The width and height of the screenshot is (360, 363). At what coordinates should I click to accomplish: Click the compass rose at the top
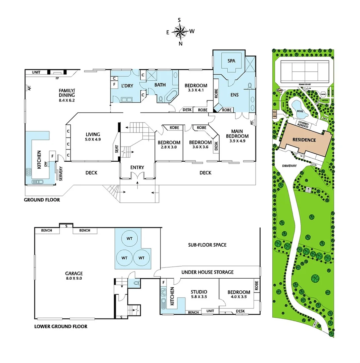point(180,32)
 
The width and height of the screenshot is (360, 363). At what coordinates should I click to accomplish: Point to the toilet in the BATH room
point(161,99)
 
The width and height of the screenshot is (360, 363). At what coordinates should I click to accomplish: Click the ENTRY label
point(137,167)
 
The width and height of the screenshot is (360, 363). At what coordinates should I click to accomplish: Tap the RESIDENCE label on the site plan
point(304,140)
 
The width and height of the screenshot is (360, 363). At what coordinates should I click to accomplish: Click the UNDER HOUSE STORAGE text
point(207,272)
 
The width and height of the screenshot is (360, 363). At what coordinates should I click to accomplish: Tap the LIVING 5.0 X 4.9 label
point(93,137)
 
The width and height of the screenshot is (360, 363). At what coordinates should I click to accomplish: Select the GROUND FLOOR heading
point(42,200)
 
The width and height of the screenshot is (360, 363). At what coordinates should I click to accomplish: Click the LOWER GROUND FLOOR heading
point(61,326)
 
